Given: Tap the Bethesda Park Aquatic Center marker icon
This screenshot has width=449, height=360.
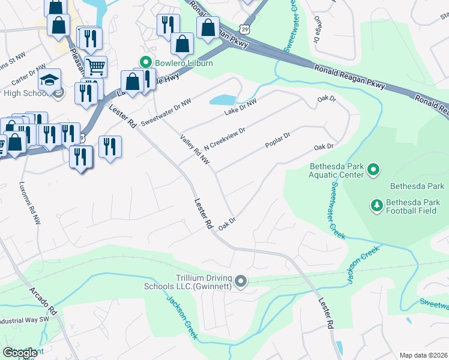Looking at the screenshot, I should pyautogui.click(x=373, y=170).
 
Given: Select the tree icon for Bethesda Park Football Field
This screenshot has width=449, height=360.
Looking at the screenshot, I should pyautogui.click(x=377, y=206).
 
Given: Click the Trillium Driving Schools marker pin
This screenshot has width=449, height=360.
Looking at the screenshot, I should pyautogui.click(x=241, y=281).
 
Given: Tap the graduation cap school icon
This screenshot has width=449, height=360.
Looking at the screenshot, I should pyautogui.click(x=49, y=80).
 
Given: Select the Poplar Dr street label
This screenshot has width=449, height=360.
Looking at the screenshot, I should pyautogui.click(x=278, y=142).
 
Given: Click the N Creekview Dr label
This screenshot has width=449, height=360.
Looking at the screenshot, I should pyautogui.click(x=224, y=139).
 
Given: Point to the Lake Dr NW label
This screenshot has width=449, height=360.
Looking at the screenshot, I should pyautogui.click(x=240, y=108).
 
